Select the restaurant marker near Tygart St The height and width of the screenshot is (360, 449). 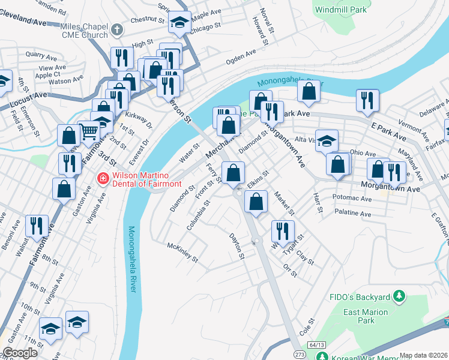(282, 230)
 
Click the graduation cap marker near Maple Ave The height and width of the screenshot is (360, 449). (179, 22)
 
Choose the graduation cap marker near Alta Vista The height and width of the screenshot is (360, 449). (327, 141)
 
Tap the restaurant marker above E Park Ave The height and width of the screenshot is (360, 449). (367, 100)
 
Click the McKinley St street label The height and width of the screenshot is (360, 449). (182, 252)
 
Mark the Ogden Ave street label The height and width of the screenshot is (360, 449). (241, 58)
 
